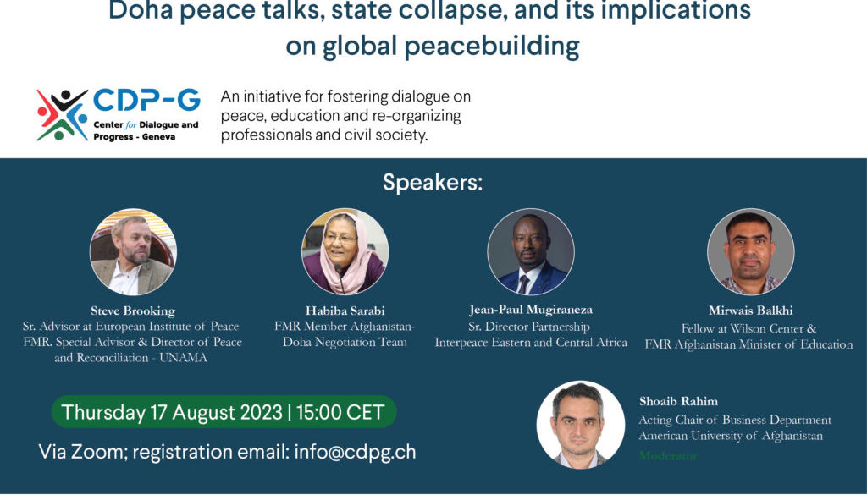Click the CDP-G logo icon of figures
[x=62, y=115]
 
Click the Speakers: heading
[x=433, y=182]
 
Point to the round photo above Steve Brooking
[x=133, y=251]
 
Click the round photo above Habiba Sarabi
[x=345, y=251]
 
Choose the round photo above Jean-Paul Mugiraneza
[x=531, y=251]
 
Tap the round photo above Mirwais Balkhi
[x=750, y=251]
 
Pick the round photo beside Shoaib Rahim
[x=581, y=425]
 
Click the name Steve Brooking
[x=133, y=311]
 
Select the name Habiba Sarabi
[x=345, y=311]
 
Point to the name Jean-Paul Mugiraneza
[x=531, y=310]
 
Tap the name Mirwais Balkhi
[x=749, y=311]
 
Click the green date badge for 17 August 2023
[x=224, y=413]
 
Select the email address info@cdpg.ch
[x=355, y=452]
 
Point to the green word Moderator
[x=668, y=455]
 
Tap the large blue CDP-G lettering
[x=146, y=102]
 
